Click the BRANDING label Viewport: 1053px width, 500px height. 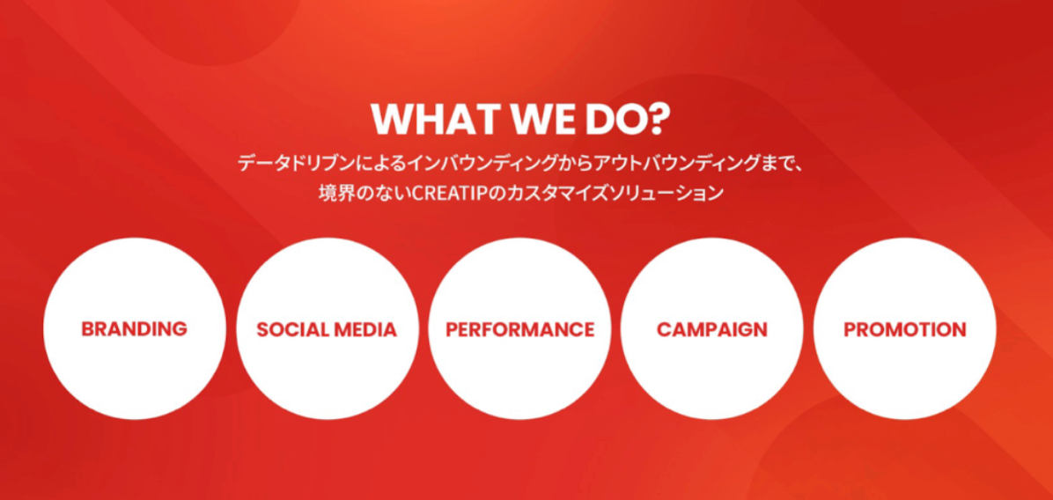click(x=135, y=329)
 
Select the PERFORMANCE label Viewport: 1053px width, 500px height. click(x=519, y=329)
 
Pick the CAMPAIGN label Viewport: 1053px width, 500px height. click(x=712, y=329)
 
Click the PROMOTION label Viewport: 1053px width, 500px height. click(x=904, y=329)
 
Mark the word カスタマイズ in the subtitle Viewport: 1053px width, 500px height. click(x=548, y=194)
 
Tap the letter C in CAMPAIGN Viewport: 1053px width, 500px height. click(x=664, y=329)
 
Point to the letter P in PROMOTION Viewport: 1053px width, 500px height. click(x=850, y=329)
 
